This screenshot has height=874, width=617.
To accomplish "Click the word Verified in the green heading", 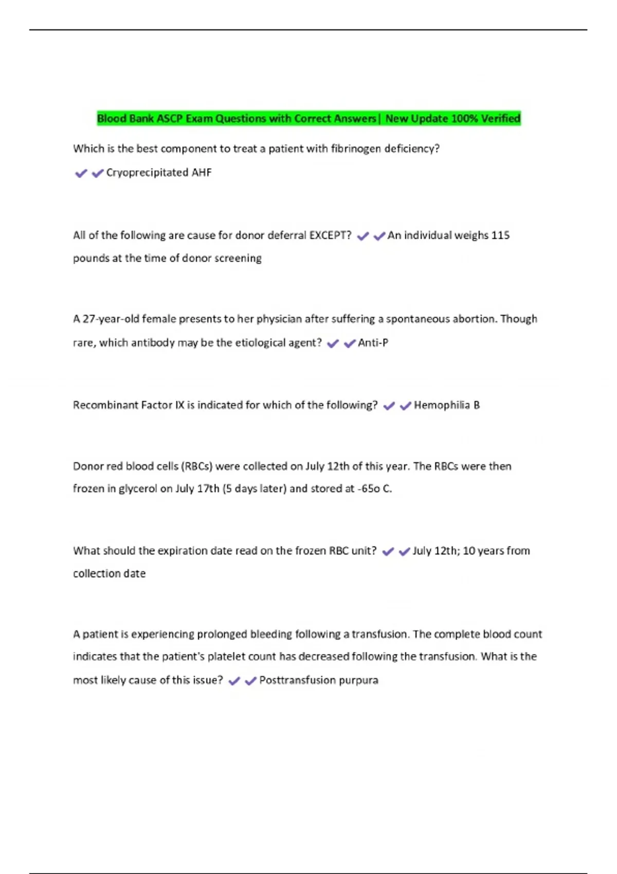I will pos(500,118).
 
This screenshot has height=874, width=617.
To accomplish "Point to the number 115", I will pos(500,235).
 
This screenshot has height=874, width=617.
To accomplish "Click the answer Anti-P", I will pos(373,343).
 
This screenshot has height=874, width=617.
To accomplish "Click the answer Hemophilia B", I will pos(446,405).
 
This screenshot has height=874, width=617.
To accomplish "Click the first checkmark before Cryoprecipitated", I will pos(81,173).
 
